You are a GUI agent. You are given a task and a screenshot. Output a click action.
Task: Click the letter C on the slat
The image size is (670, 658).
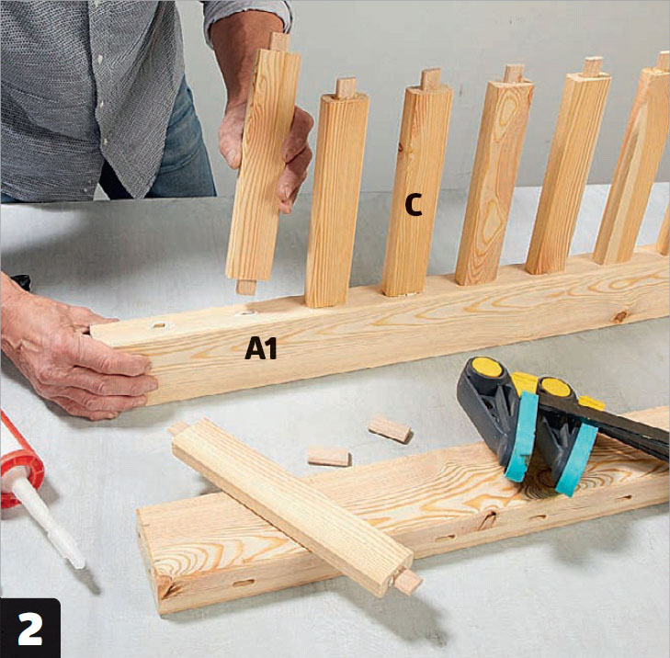click(414, 204)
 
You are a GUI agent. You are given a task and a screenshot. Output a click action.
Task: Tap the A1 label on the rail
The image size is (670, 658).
click(261, 347)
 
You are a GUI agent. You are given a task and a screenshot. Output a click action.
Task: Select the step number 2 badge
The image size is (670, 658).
click(30, 629)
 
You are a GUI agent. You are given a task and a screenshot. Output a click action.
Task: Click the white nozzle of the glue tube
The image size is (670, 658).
click(48, 522)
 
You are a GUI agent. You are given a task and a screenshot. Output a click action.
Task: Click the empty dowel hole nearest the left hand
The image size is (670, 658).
click(158, 326)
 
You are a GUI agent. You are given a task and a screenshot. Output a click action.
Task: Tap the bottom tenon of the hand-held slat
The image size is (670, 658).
click(246, 287)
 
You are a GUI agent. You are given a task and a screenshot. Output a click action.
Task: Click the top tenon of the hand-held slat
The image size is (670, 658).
click(280, 41)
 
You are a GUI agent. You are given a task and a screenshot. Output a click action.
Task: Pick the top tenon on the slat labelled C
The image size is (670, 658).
click(430, 79)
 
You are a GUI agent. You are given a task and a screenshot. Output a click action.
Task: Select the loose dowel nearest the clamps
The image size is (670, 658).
click(390, 429)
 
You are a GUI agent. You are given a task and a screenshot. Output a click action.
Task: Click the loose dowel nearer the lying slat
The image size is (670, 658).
click(328, 457)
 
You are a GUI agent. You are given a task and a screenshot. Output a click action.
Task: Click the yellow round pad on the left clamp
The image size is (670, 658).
click(487, 368)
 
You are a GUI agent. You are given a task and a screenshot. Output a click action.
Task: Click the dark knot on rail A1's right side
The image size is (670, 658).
click(619, 317)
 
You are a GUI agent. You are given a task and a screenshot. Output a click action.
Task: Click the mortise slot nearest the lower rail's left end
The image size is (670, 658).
click(244, 583)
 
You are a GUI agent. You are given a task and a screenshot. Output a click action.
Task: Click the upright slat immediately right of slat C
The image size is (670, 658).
click(494, 179)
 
